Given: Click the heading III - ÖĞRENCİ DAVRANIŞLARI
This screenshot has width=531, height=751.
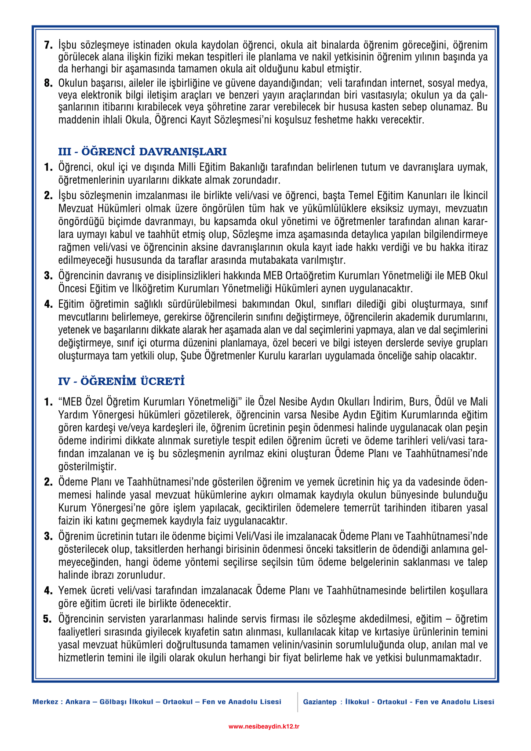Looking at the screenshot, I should (x=142, y=152).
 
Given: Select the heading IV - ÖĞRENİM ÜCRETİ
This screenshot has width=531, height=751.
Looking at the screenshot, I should (x=121, y=381).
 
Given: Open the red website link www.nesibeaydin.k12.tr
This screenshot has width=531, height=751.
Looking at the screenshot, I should (x=264, y=727).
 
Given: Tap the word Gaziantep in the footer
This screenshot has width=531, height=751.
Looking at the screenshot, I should (x=320, y=702).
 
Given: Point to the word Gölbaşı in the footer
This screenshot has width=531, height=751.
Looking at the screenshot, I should (x=111, y=702).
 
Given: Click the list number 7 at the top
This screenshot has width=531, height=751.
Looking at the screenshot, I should (x=48, y=45).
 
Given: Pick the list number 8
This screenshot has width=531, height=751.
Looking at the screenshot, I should (x=48, y=83).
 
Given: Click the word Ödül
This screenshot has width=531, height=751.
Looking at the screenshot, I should (x=444, y=402).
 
